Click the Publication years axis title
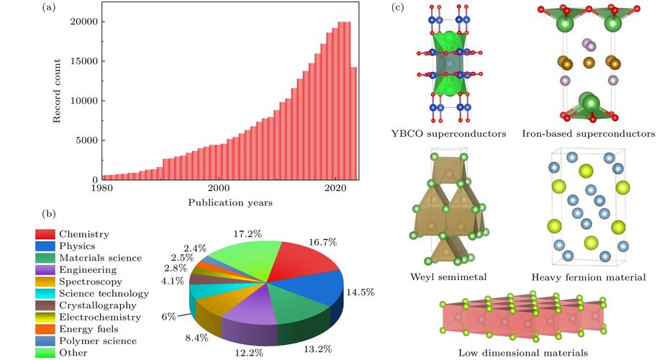(x=230, y=203)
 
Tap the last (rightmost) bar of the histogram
(x=354, y=122)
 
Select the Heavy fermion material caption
(x=589, y=277)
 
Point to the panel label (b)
(x=49, y=212)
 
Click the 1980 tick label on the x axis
(x=102, y=189)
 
